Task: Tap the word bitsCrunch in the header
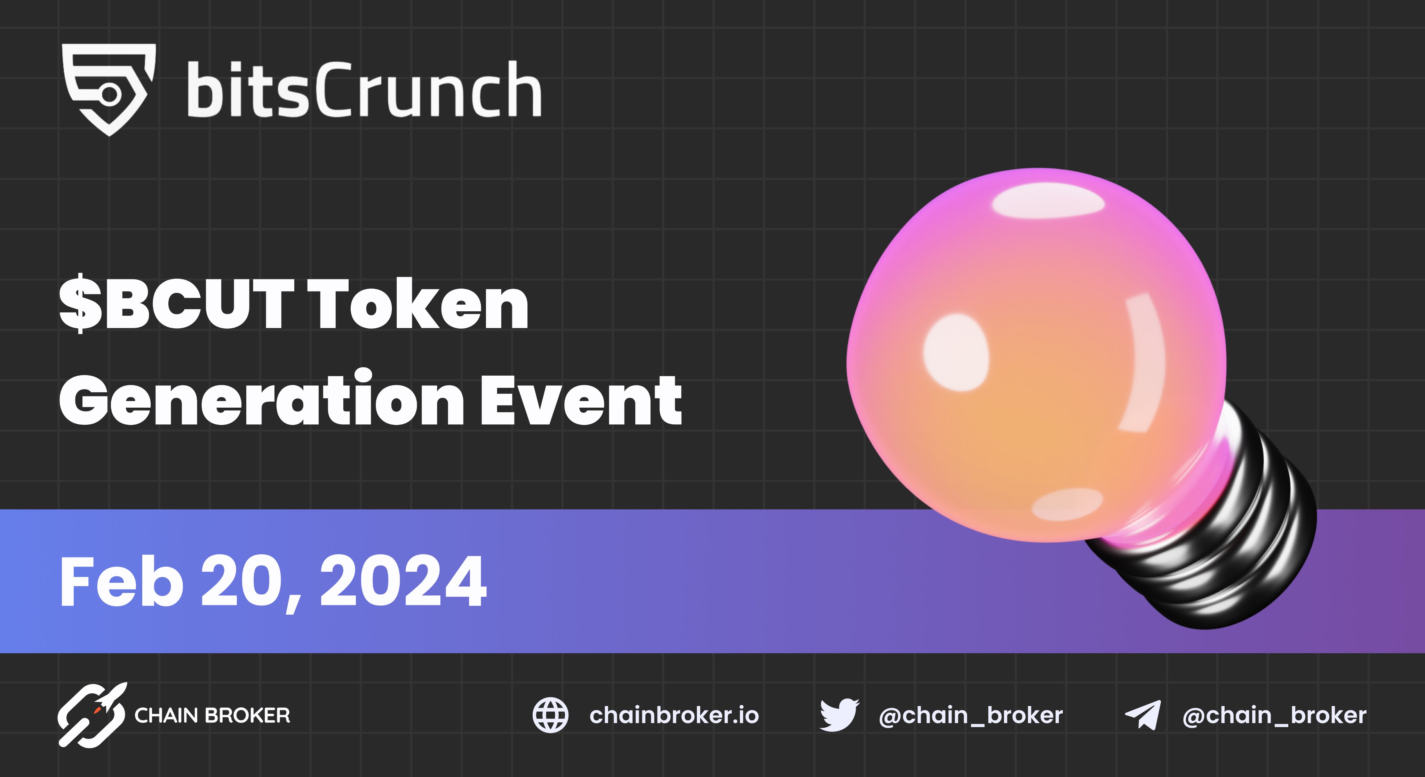pyautogui.click(x=364, y=90)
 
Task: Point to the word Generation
pyautogui.click(x=261, y=399)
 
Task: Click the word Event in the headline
pyautogui.click(x=581, y=399)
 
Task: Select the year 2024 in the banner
pyautogui.click(x=403, y=582)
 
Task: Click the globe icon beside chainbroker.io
pyautogui.click(x=550, y=715)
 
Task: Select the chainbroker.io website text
pyautogui.click(x=674, y=715)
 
